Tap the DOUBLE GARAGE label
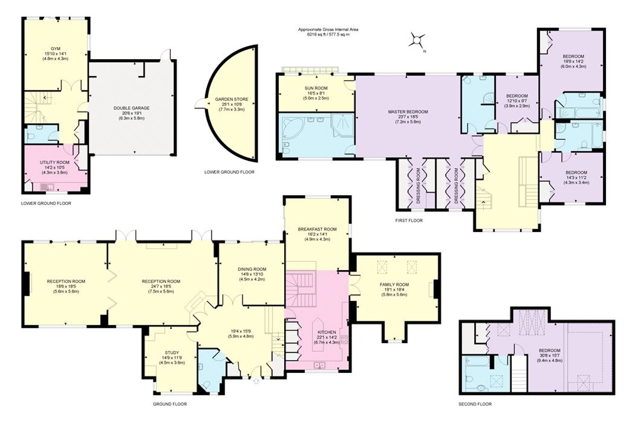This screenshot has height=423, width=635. [131, 108]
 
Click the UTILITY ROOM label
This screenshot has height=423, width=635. [52, 163]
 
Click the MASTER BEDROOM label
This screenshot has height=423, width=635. [407, 112]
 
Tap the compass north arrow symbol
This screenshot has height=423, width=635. [418, 40]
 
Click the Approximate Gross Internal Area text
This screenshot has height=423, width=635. [328, 30]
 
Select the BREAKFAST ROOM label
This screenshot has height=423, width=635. [316, 229]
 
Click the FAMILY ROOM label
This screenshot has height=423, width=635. [394, 284]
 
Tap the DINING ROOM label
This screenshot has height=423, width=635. [252, 269]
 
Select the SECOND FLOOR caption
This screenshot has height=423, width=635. [475, 404]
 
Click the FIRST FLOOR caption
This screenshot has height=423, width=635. [409, 220]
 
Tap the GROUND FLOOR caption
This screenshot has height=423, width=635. [169, 404]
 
